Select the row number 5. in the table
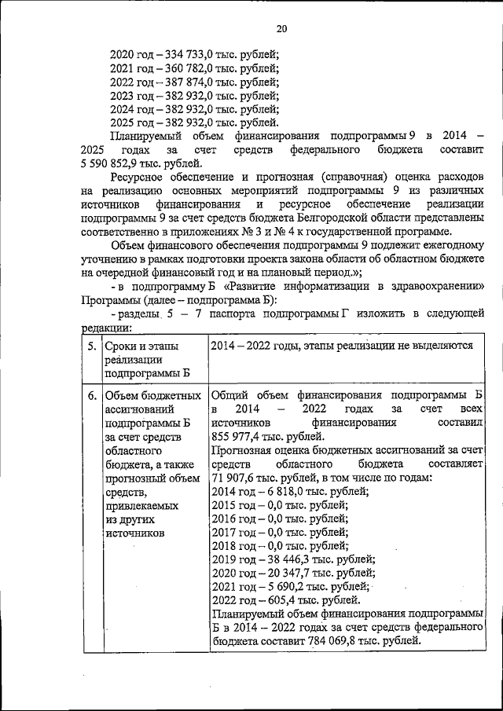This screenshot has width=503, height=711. [92, 346]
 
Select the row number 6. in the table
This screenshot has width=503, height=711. [92, 395]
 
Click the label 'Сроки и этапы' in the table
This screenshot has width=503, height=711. [141, 346]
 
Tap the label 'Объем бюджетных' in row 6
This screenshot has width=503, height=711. [151, 395]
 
